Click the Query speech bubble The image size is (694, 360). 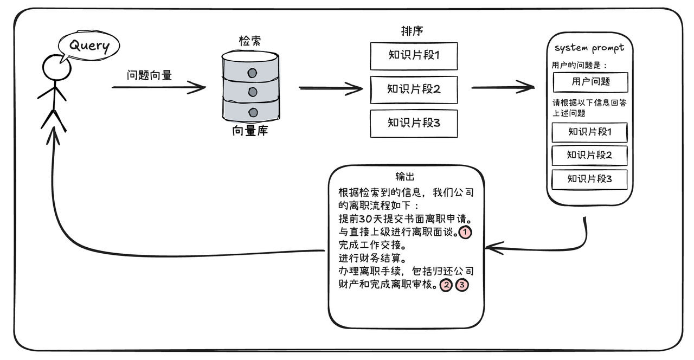tap(89, 46)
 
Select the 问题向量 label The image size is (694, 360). tap(149, 75)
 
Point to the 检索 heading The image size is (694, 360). tap(250, 41)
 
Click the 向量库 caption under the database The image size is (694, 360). tap(250, 131)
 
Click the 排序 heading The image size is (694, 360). tap(412, 31)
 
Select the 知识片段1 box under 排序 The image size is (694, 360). tap(414, 55)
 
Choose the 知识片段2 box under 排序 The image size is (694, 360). tap(414, 89)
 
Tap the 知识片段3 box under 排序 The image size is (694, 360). tap(414, 123)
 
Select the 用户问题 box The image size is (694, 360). tap(590, 82)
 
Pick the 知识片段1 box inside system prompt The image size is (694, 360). tap(589, 132)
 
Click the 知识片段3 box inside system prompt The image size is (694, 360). tap(589, 179)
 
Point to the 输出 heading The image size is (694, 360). tap(406, 176)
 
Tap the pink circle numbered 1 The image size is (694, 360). tap(465, 233)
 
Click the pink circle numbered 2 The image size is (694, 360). tap(446, 285)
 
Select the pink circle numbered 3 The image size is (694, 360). tap(462, 285)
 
